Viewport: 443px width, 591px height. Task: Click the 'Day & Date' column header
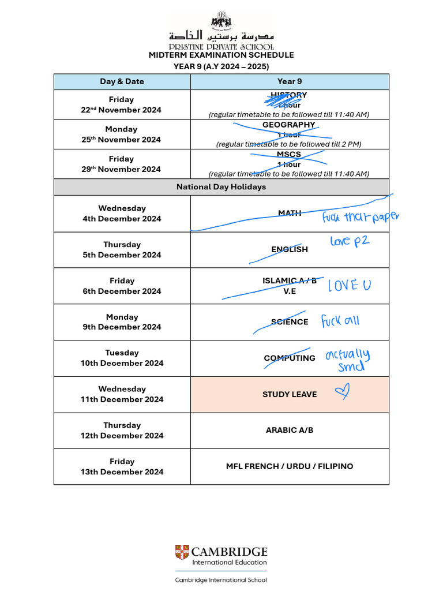[122, 81]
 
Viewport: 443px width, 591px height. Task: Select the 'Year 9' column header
[289, 81]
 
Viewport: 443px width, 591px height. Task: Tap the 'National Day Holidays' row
[221, 187]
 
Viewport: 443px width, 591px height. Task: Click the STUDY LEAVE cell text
[290, 395]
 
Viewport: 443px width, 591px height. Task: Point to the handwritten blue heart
[342, 393]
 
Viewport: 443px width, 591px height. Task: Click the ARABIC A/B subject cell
[290, 431]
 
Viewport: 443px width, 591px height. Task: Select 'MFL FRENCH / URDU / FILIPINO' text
[290, 466]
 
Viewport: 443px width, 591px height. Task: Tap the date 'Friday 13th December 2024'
[122, 466]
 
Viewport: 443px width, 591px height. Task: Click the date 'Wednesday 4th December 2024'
[122, 214]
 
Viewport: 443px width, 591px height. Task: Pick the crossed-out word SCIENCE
[290, 322]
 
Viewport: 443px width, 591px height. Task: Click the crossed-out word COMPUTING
[290, 358]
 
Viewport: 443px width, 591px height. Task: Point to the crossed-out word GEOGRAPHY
[288, 125]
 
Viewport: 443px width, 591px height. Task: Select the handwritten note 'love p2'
[349, 241]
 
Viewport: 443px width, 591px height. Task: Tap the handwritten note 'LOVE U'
[350, 285]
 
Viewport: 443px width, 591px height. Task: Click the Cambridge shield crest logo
[182, 552]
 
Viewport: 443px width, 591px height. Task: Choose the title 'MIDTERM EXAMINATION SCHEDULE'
[221, 55]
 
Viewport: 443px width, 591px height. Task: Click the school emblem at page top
[221, 21]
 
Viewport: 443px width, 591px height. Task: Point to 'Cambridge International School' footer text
[221, 580]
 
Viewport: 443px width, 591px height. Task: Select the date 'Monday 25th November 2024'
[122, 134]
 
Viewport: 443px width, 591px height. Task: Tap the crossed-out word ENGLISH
[290, 250]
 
